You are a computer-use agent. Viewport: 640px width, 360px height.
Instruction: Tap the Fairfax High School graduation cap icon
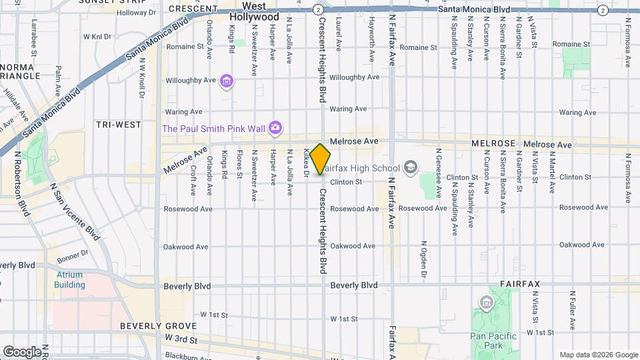tap(411, 167)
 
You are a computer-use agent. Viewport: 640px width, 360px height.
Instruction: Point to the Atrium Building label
tap(70, 280)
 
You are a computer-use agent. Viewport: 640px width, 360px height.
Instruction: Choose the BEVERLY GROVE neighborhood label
tap(158, 326)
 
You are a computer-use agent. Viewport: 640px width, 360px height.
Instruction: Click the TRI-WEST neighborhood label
tap(118, 125)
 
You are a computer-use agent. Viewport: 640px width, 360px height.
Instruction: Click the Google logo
tap(22, 351)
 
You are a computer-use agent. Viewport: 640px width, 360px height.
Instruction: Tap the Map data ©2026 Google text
tap(598, 355)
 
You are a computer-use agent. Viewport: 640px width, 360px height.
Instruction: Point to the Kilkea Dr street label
tap(306, 162)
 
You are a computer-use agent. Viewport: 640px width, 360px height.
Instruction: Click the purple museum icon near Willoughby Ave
tap(227, 81)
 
